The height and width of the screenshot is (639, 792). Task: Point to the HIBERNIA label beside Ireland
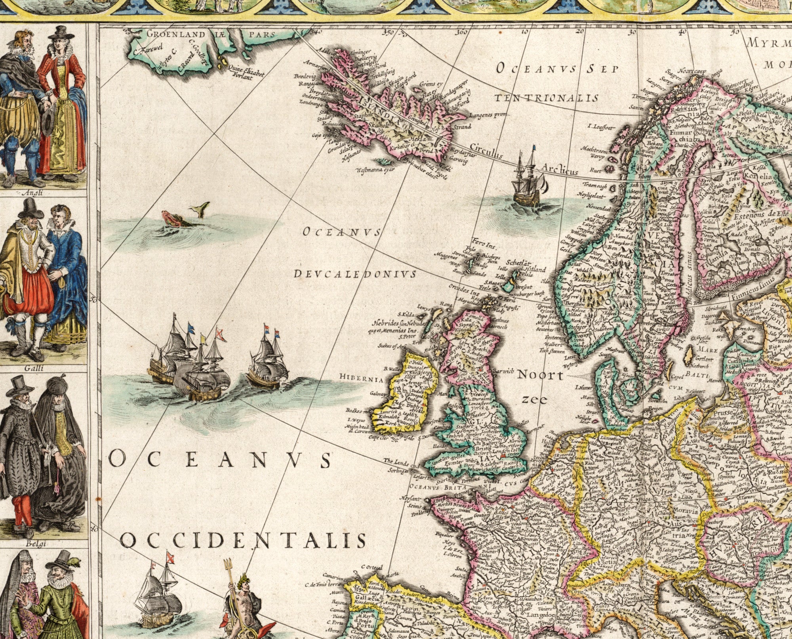[361, 380]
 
